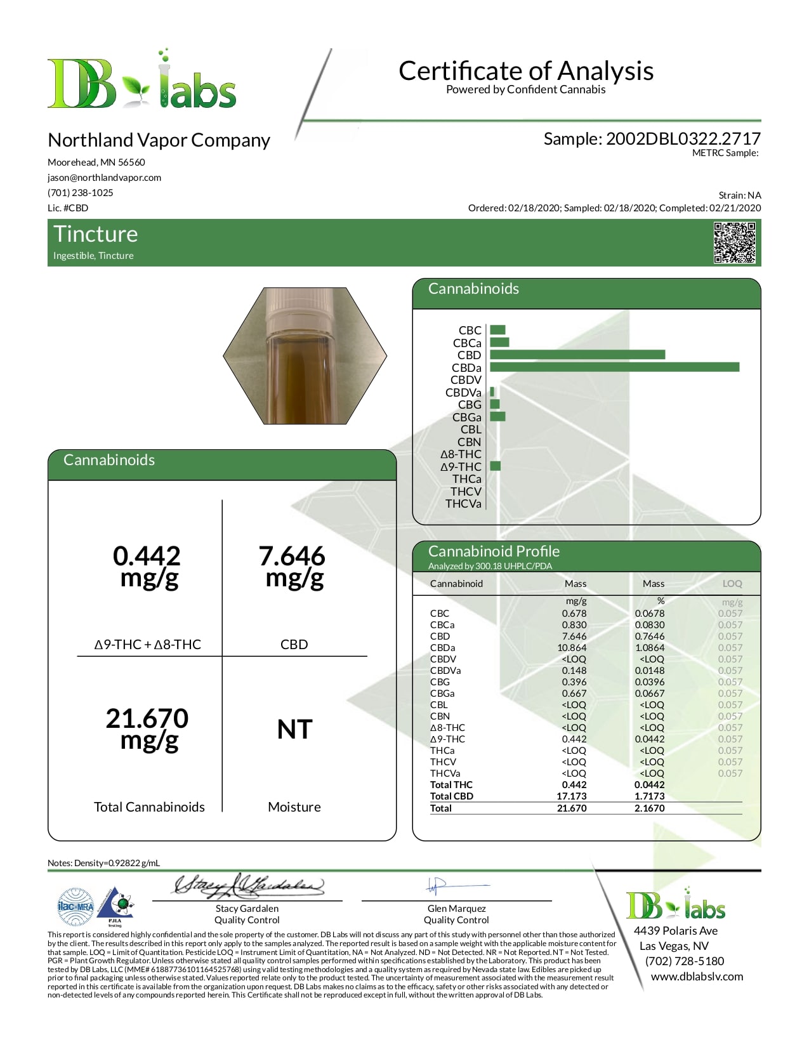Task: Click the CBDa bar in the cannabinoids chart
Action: [614, 367]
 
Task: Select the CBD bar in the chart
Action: [577, 355]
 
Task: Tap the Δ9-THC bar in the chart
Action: [496, 466]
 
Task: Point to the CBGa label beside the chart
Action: [466, 417]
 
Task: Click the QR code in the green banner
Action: [734, 242]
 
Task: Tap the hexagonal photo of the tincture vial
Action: [305, 355]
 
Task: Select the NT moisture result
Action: [294, 730]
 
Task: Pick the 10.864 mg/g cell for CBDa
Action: [572, 648]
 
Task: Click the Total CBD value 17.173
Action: [572, 796]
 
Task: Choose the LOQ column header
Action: [732, 584]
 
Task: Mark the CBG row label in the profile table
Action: [439, 682]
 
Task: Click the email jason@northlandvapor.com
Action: [104, 178]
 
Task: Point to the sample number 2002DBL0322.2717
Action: [683, 139]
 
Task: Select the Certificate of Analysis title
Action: [526, 71]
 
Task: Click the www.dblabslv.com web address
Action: [697, 977]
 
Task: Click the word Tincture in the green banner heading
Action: [96, 234]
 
